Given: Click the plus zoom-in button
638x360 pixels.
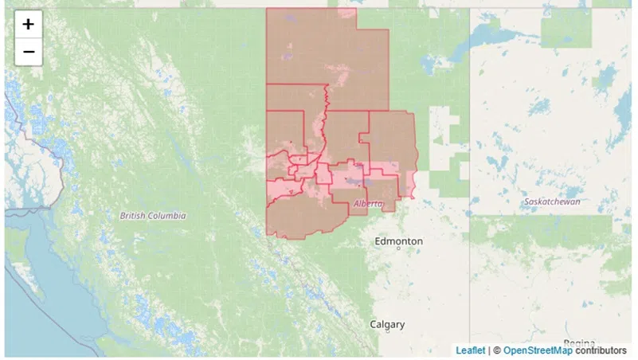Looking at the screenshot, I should (28, 24).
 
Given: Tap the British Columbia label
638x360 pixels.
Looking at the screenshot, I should (153, 216).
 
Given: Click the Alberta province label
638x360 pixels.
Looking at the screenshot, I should (367, 204).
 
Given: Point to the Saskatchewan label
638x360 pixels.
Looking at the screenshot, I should (552, 202).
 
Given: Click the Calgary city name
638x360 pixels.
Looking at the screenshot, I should (387, 324).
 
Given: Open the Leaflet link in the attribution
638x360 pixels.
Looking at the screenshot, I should (470, 350).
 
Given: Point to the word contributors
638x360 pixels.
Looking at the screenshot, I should (601, 350).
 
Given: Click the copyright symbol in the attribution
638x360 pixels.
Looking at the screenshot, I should (496, 350).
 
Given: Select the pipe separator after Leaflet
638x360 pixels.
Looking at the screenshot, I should (488, 350).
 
